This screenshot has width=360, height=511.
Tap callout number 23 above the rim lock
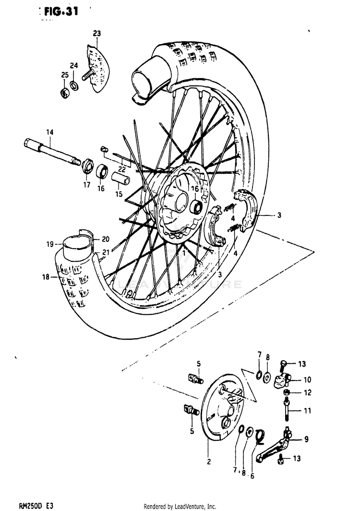(97, 33)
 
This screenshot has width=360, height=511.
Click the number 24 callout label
(73, 65)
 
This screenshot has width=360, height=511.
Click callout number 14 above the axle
(49, 132)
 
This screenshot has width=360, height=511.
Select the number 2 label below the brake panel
(209, 462)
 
